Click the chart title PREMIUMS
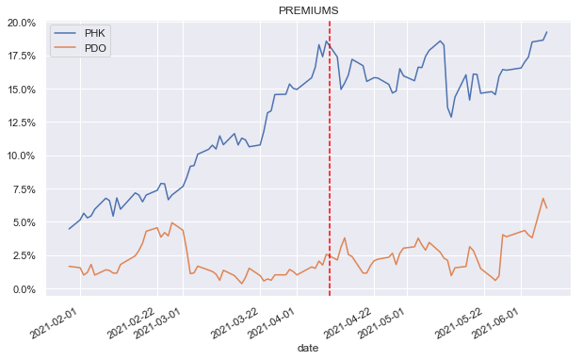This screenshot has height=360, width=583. coord(308,9)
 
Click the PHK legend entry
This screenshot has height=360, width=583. coord(95,33)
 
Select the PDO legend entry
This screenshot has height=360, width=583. coord(95,48)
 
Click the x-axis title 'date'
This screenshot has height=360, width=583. coord(307,349)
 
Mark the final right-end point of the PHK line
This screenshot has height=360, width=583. coord(546,32)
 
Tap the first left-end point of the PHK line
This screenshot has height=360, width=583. coord(69,229)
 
